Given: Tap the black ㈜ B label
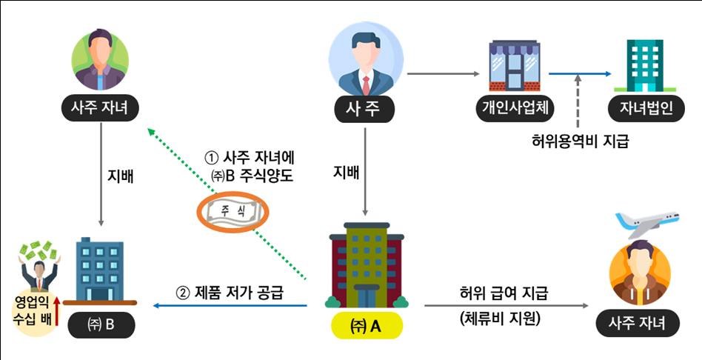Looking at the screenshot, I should click(x=100, y=324).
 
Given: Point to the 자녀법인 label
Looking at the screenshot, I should click(x=641, y=109).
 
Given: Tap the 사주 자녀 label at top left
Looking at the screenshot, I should click(x=101, y=109).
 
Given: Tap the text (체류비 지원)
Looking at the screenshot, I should click(x=499, y=319).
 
